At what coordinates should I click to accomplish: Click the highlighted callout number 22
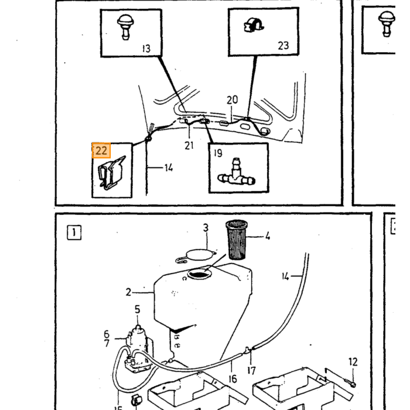(x=101, y=151)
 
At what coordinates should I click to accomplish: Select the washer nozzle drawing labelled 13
(x=125, y=27)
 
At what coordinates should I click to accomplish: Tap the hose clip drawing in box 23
(x=253, y=25)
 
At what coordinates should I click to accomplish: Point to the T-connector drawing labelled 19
(x=236, y=173)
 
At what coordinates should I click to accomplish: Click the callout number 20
(x=232, y=100)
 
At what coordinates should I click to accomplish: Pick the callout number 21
(x=189, y=145)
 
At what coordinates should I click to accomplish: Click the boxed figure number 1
(x=74, y=233)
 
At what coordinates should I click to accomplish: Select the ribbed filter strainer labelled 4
(x=237, y=240)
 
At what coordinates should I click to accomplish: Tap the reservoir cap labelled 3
(x=196, y=255)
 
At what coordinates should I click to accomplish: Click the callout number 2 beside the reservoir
(x=128, y=292)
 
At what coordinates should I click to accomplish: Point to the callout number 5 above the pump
(x=138, y=309)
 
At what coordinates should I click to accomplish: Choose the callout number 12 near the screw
(x=353, y=362)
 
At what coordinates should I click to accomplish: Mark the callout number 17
(x=251, y=371)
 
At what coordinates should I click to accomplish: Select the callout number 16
(x=233, y=379)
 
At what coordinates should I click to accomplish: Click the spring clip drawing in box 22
(x=112, y=173)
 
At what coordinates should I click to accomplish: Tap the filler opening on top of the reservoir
(x=199, y=274)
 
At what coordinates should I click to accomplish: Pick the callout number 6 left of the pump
(x=107, y=334)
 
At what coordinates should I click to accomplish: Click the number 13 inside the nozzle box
(x=146, y=49)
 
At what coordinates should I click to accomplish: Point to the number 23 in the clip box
(x=283, y=46)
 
